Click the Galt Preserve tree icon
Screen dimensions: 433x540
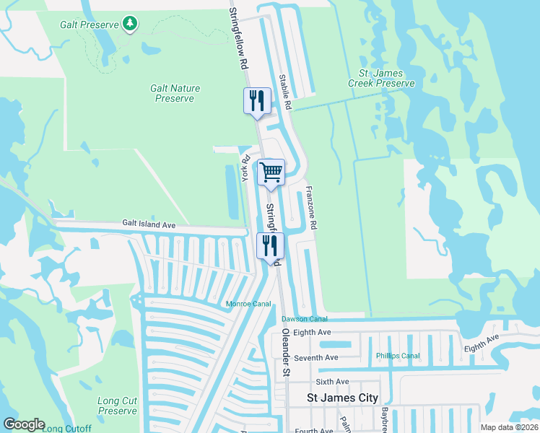pyautogui.click(x=130, y=25)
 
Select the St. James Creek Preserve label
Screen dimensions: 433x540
pyautogui.click(x=381, y=79)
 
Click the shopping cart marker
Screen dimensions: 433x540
pyautogui.click(x=271, y=172)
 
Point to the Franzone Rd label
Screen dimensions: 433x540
pyautogui.click(x=311, y=208)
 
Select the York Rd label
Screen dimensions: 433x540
pyautogui.click(x=245, y=168)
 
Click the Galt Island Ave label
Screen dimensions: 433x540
pyautogui.click(x=149, y=225)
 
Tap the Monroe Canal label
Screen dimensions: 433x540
pyautogui.click(x=248, y=305)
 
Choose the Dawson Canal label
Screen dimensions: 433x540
pyautogui.click(x=305, y=319)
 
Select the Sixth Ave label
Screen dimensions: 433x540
pyautogui.click(x=332, y=382)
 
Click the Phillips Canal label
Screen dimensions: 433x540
pyautogui.click(x=398, y=356)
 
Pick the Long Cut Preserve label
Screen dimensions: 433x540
pyautogui.click(x=117, y=406)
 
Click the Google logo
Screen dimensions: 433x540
pyautogui.click(x=24, y=424)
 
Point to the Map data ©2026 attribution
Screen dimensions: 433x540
pyautogui.click(x=509, y=427)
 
